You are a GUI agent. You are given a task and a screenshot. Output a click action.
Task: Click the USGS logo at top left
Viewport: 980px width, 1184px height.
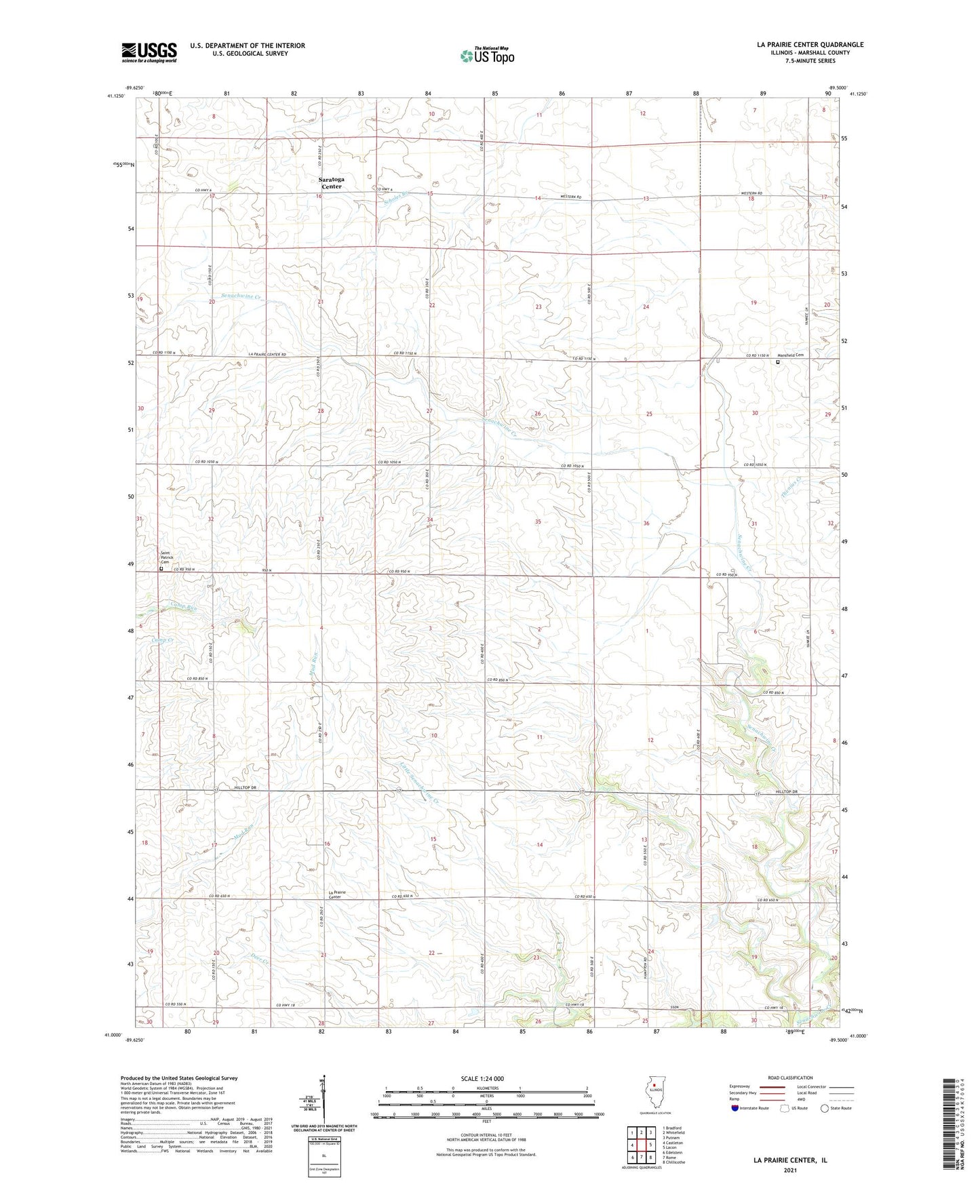pyautogui.click(x=149, y=52)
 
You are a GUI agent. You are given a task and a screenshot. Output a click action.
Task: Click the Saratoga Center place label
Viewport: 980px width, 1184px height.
pyautogui.click(x=332, y=183)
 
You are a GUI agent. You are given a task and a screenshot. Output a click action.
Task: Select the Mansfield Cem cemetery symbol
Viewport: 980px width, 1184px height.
pyautogui.click(x=778, y=363)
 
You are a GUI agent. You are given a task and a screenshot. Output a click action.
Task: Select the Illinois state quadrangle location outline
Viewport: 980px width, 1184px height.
pyautogui.click(x=654, y=1093)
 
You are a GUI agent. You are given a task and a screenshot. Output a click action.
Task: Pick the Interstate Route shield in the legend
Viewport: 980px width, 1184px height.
pyautogui.click(x=735, y=1108)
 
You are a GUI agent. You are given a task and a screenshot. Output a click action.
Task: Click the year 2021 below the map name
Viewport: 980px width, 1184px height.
pyautogui.click(x=789, y=1170)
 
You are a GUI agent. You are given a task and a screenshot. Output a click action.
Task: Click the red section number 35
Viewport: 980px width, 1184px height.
pyautogui.click(x=538, y=521)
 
